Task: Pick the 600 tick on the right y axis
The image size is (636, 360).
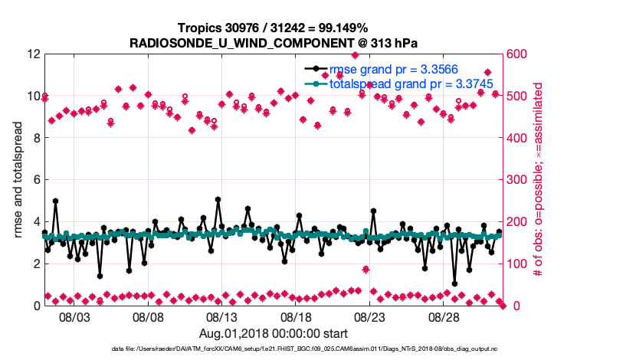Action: click(x=516, y=54)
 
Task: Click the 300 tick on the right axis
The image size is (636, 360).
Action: click(x=516, y=180)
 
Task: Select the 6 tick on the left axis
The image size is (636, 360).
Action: click(x=36, y=180)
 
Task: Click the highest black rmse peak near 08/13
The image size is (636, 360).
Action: click(x=218, y=199)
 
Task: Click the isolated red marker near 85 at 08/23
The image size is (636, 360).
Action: click(x=366, y=270)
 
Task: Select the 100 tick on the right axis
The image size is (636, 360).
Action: click(x=516, y=264)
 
